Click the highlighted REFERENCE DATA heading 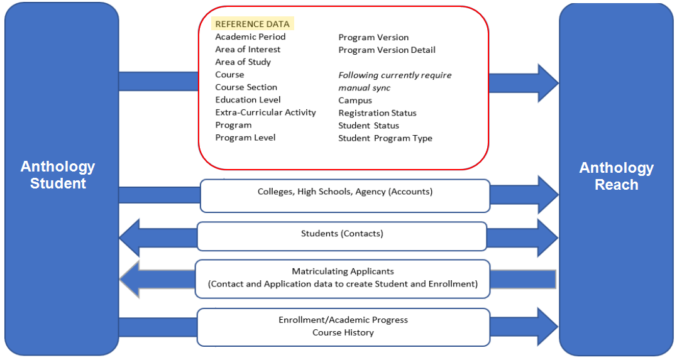tap(253, 24)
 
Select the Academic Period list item tap(250, 36)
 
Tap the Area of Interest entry tap(248, 49)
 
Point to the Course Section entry tap(246, 87)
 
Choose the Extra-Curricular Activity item tap(265, 112)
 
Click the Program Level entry tap(245, 138)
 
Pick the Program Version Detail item tap(387, 50)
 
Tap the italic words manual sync tap(365, 88)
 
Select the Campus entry tap(355, 101)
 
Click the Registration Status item tap(377, 113)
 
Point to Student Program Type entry tap(385, 139)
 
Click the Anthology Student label tap(58, 175)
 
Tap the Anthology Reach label tap(617, 176)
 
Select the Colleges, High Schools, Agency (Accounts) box tap(345, 196)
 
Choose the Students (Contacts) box tap(342, 236)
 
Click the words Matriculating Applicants tap(343, 271)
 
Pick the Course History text tap(343, 333)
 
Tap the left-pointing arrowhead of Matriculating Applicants tap(129, 280)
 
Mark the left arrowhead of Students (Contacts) tap(129, 238)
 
